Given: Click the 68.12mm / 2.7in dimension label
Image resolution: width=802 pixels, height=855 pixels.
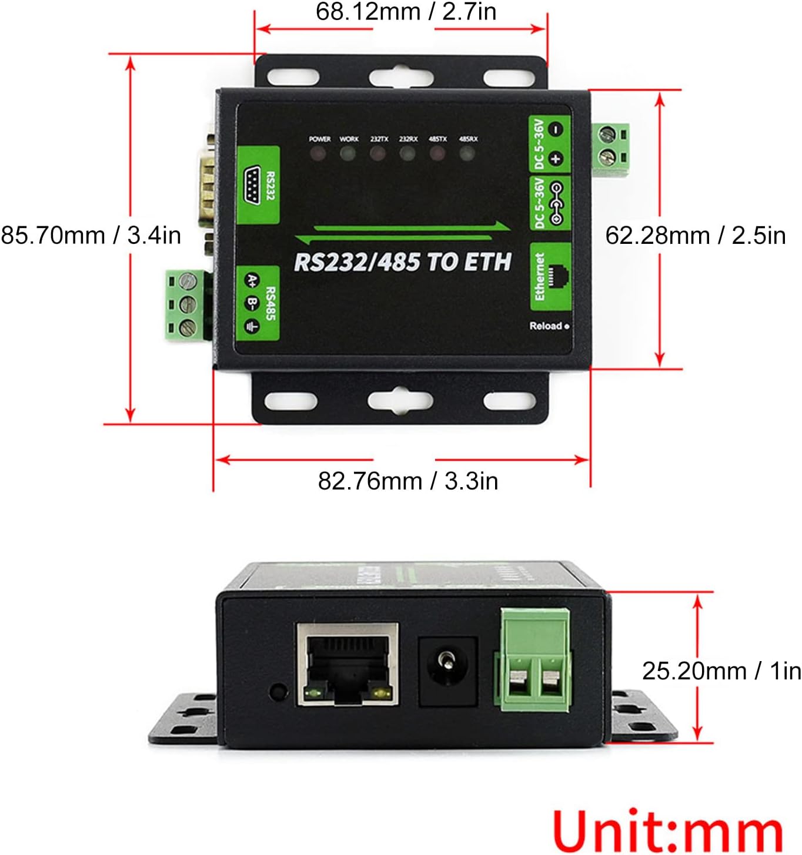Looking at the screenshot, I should tap(406, 12).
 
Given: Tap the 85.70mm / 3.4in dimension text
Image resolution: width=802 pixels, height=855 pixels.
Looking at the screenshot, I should tap(91, 236).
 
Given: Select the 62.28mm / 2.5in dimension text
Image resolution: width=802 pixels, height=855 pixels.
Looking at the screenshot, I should tap(695, 236).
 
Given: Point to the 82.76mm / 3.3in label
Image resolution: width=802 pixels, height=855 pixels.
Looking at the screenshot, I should tap(407, 481).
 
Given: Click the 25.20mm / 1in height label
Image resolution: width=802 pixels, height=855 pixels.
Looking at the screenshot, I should tap(721, 670).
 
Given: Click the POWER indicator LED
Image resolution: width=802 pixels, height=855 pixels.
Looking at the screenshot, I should tap(318, 155).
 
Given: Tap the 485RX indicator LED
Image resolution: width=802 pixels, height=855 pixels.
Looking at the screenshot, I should tap(467, 155).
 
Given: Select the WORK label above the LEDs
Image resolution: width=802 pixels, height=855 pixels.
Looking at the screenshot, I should tap(349, 139).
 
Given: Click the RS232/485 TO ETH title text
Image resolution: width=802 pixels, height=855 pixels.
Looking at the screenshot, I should tap(403, 262).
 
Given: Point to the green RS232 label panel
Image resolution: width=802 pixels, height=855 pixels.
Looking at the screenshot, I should tap(258, 185).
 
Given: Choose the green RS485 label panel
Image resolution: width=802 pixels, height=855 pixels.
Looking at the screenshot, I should tap(258, 304).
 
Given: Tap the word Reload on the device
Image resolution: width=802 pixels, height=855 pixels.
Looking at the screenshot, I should tap(546, 326).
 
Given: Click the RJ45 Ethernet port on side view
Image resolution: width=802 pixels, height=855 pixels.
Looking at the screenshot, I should tap(347, 664).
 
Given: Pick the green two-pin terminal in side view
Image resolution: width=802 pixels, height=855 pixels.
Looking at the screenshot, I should tap(534, 659).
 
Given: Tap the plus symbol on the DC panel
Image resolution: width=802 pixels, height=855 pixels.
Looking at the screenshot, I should tap(556, 158).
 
